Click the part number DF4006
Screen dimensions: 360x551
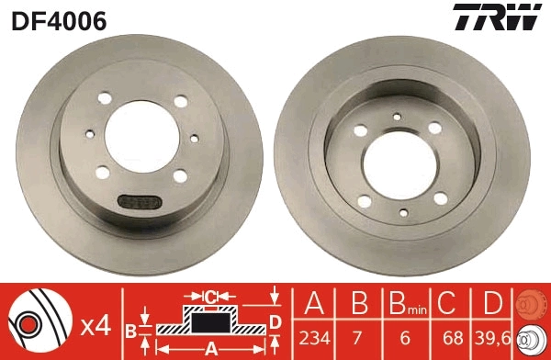(59, 19)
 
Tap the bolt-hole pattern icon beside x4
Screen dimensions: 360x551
(40, 322)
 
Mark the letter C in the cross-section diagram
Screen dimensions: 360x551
(209, 297)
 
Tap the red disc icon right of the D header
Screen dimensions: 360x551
(534, 304)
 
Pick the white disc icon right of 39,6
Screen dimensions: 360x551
(534, 339)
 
